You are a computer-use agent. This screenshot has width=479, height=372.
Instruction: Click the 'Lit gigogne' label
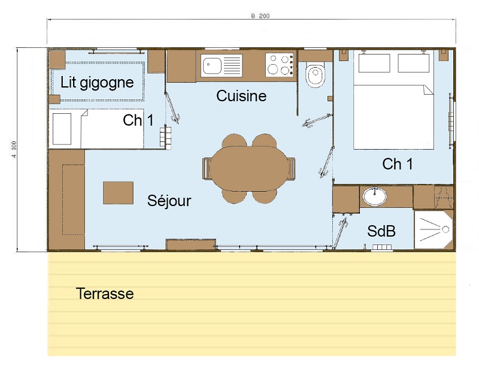pos(97,83)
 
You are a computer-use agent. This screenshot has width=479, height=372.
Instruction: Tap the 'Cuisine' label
pos(241,96)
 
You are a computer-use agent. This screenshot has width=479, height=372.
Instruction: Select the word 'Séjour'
pos(169,201)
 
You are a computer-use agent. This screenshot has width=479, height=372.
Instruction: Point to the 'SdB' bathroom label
pos(381,231)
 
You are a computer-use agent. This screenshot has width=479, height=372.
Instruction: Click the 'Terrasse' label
pos(105,294)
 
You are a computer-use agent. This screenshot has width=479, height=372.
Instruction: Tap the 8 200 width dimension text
pos(260,16)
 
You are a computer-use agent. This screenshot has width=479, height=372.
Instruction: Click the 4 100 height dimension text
pos(14,150)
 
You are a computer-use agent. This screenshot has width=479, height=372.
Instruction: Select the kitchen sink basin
pos(212,65)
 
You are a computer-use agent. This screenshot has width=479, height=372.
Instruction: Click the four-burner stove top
pos(280,65)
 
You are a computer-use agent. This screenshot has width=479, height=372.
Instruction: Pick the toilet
pos(316,74)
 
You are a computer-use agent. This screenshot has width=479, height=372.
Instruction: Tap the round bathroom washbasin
pos(375,196)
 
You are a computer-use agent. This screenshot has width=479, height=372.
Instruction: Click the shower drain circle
pos(445,229)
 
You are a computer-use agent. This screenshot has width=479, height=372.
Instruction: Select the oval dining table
pos(249,168)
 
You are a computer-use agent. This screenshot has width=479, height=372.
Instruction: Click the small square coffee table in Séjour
pos(118,193)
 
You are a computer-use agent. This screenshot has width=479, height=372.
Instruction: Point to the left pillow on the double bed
pos(374,63)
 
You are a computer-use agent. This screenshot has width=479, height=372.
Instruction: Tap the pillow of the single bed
pos(62,129)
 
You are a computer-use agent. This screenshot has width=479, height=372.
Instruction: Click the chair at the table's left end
pos(207,168)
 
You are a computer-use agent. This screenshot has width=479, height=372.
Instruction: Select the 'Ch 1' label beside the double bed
pos(398,164)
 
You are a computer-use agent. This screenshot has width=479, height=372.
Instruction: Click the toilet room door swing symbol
pos(317,120)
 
